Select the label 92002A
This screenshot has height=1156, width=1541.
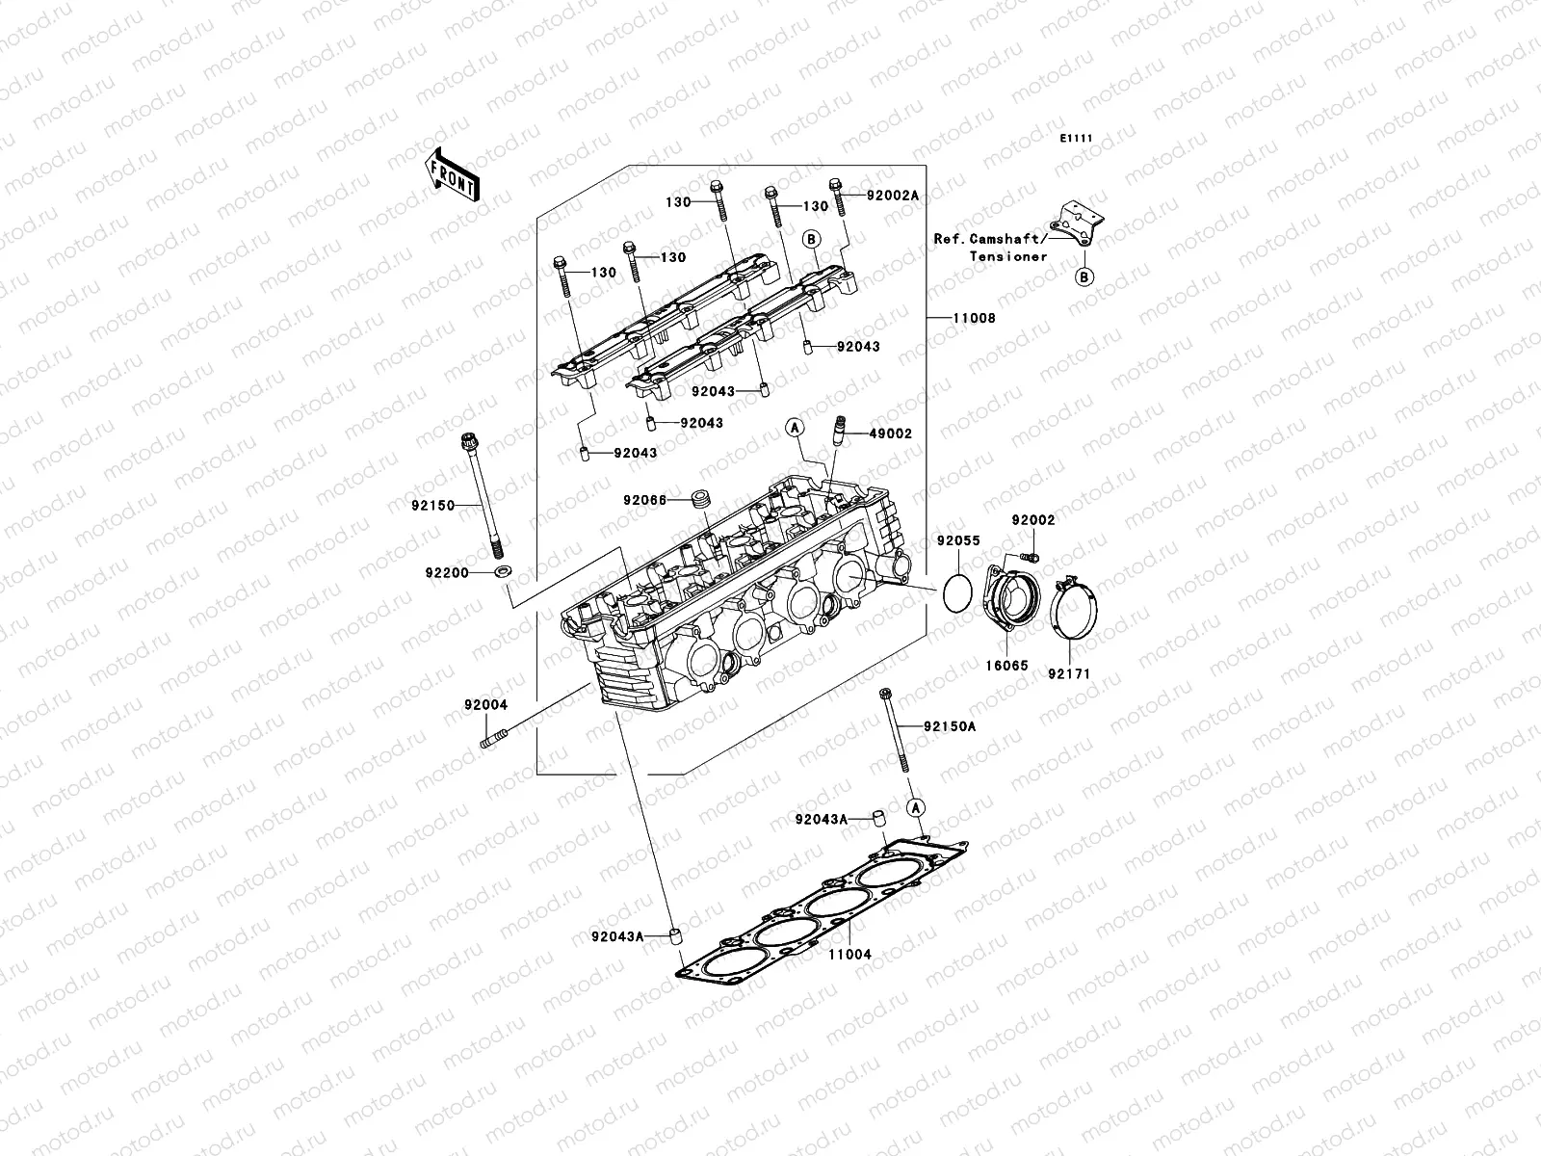892,196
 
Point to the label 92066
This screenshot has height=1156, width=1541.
645,500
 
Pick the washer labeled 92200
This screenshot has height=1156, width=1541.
502,573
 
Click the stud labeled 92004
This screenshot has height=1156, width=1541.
491,742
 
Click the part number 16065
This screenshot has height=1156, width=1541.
1006,665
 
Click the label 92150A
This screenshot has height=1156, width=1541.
950,726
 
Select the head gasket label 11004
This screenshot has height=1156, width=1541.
849,955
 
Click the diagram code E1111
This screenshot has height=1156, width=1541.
1076,139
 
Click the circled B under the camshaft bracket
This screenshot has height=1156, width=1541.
1084,278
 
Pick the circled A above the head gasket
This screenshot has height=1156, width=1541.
916,805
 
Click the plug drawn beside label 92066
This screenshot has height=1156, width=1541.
702,500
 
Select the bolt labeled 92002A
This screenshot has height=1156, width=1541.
838,198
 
